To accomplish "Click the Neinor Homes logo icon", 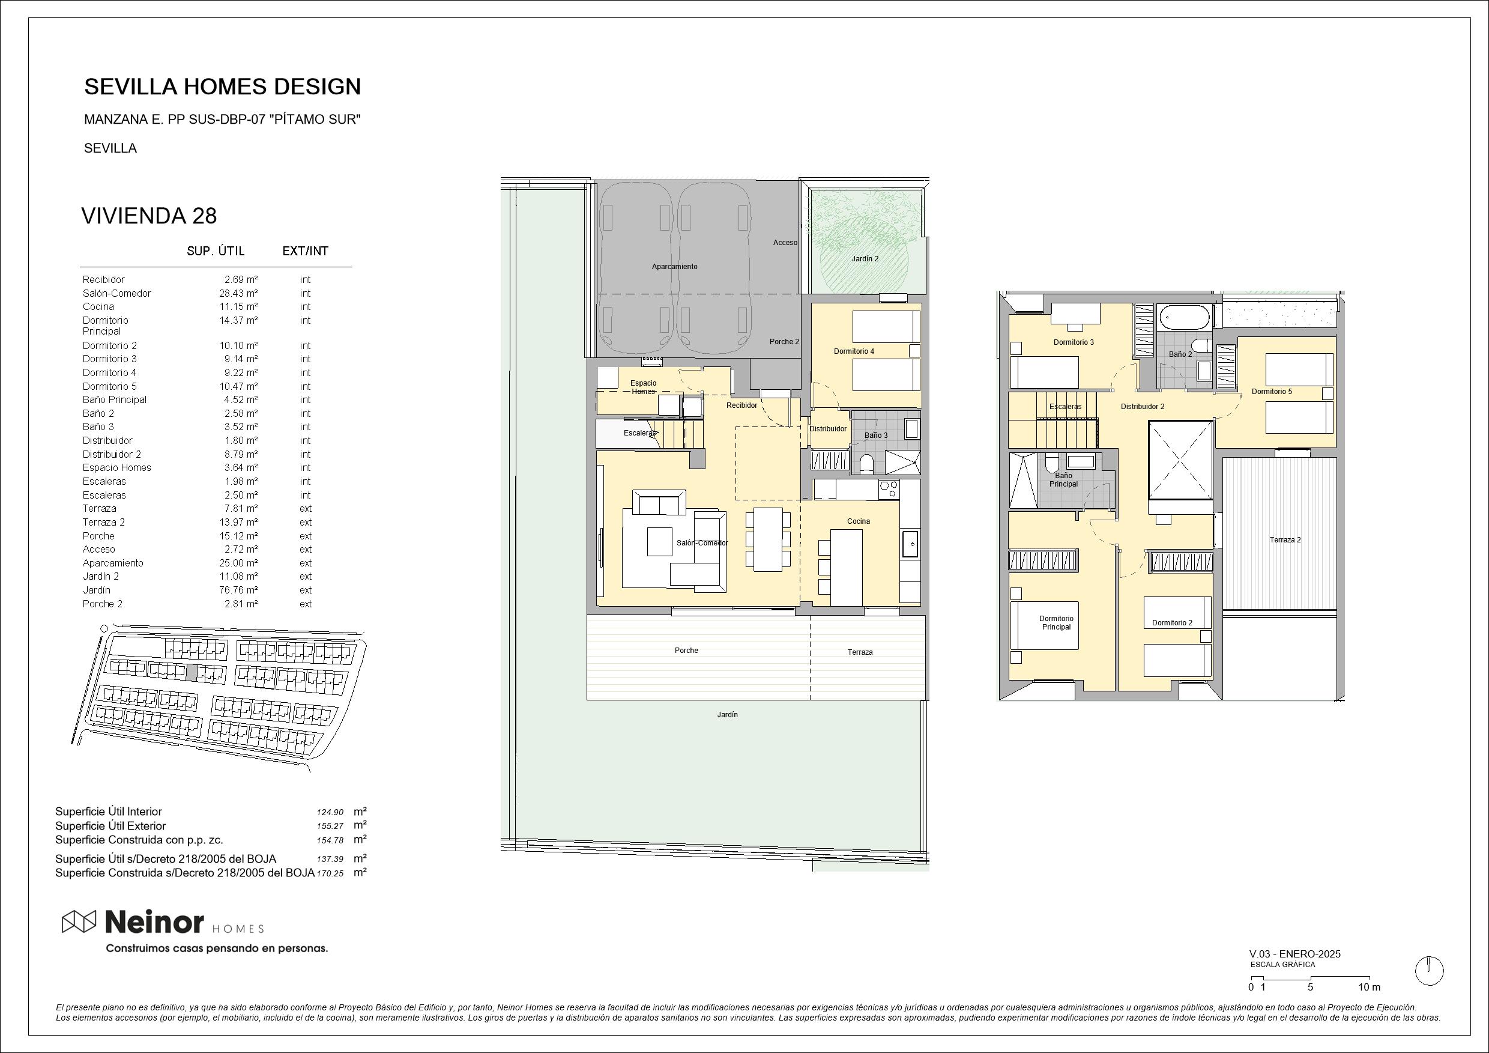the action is (79, 922).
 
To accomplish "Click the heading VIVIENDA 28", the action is (148, 216).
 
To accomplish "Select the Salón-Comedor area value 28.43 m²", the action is (238, 293).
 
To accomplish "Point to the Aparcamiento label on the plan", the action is (674, 267).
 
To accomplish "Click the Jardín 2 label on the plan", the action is (865, 259).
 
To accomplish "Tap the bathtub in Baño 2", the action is (1185, 318).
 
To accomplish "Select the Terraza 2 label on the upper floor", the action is (1285, 540).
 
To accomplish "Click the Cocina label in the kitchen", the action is (858, 521).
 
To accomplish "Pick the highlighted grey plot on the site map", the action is (192, 673).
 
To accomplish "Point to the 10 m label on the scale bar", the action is (1369, 988).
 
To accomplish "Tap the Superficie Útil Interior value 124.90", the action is (330, 812).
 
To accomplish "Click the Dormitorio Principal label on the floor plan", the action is (1056, 623).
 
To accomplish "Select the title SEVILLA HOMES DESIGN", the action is (222, 86).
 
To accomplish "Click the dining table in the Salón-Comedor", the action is (768, 539).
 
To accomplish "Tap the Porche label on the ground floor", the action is (686, 651).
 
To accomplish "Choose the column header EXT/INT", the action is (306, 251).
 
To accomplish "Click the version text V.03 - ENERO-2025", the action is (1295, 954).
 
